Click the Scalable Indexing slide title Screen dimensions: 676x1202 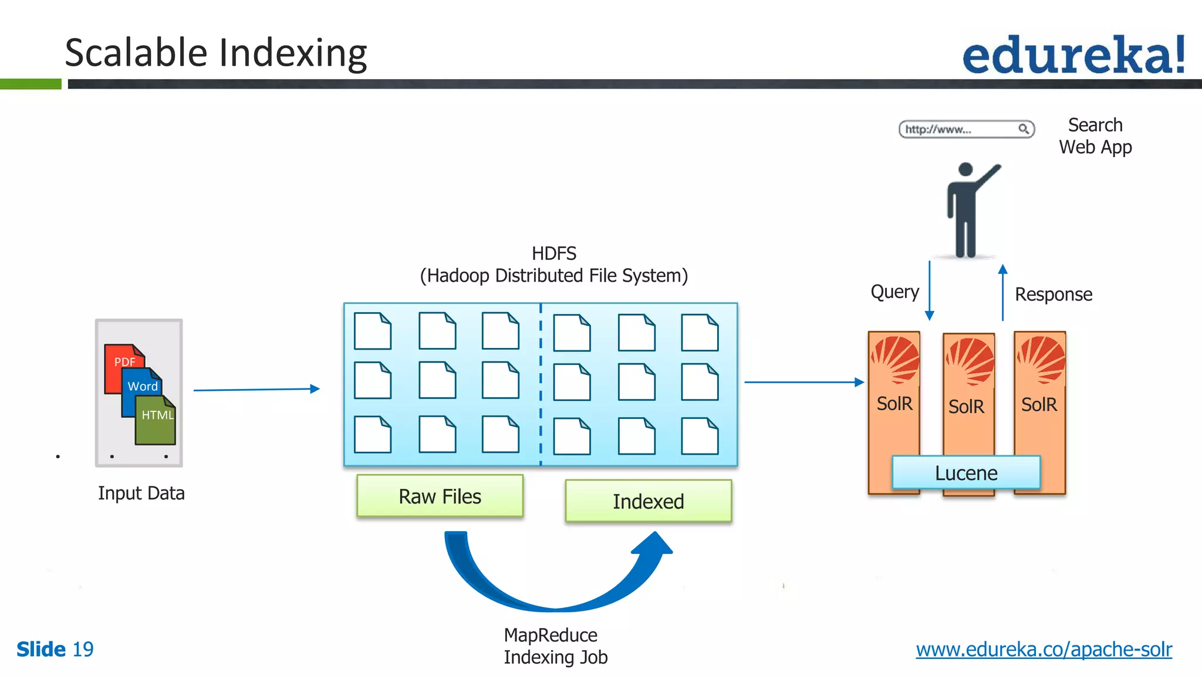pyautogui.click(x=215, y=53)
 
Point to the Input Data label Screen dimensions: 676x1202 pyautogui.click(x=141, y=493)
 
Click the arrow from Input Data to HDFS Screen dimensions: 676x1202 pyautogui.click(x=256, y=390)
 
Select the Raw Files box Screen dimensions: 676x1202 pyautogui.click(x=440, y=496)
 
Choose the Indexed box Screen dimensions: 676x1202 pyautogui.click(x=648, y=501)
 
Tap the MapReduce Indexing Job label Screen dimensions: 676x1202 pyautogui.click(x=555, y=645)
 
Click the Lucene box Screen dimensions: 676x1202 pyautogui.click(x=966, y=473)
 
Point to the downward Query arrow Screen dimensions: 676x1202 pyautogui.click(x=929, y=291)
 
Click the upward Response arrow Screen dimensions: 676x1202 pyautogui.click(x=1002, y=293)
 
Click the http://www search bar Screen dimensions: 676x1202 pyautogui.click(x=966, y=129)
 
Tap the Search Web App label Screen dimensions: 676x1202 pyautogui.click(x=1095, y=136)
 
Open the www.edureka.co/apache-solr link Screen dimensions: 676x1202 pyautogui.click(x=1044, y=649)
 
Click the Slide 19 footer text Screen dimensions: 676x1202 pyautogui.click(x=55, y=649)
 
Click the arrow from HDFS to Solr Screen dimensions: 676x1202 pyautogui.click(x=803, y=382)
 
